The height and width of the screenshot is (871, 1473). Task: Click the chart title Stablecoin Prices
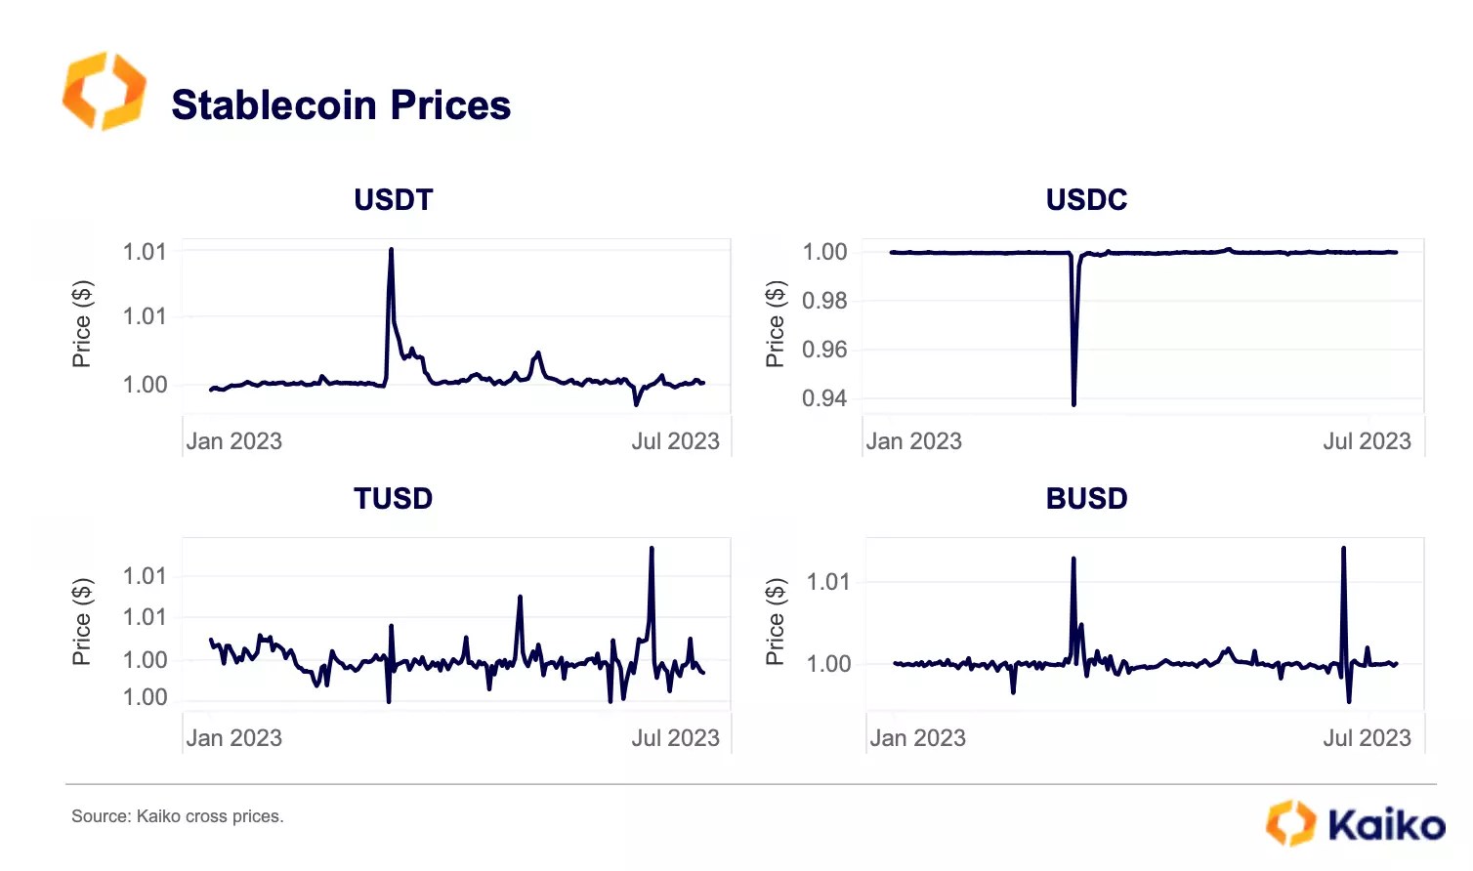point(341,105)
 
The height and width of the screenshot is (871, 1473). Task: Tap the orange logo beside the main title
point(104,92)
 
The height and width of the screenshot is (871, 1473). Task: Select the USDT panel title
point(393,200)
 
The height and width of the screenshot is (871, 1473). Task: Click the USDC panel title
point(1086,200)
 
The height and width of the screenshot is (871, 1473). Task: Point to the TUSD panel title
point(393,499)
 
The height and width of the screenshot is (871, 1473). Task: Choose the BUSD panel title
point(1086,499)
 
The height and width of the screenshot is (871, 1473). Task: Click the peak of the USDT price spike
point(391,250)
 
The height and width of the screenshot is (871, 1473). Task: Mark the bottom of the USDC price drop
point(1073,403)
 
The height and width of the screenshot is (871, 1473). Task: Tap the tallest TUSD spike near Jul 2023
point(652,549)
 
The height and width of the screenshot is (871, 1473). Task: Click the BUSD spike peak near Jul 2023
point(1344,549)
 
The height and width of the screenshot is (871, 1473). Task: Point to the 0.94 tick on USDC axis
point(824,398)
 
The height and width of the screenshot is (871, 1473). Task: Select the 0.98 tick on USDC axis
point(824,301)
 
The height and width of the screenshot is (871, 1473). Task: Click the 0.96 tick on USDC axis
point(824,350)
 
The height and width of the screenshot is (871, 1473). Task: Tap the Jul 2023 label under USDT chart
point(675,441)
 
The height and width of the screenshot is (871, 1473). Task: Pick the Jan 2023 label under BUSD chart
point(917,738)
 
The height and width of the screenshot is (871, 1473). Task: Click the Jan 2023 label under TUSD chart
point(233,738)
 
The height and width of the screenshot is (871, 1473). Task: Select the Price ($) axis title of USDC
point(775,323)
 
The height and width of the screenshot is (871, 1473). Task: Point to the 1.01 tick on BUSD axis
point(828,582)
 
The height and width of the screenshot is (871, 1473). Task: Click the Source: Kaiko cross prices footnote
point(177,816)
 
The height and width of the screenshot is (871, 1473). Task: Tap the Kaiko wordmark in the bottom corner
point(1385,824)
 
